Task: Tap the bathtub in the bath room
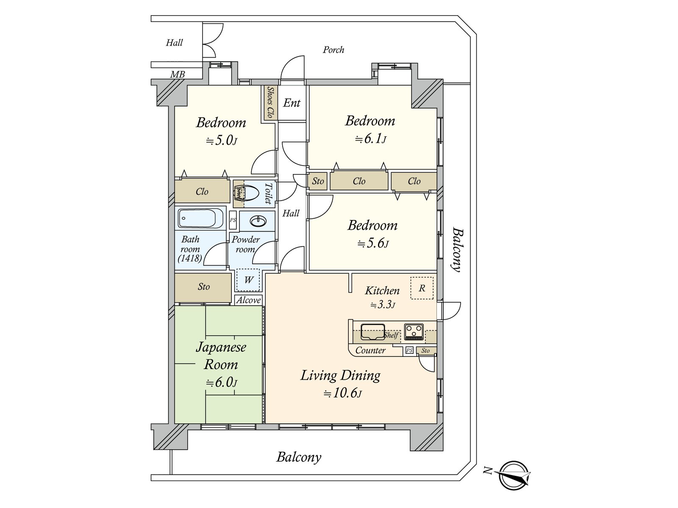(200, 218)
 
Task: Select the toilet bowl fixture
(248, 193)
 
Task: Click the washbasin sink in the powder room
(258, 221)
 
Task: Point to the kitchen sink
(372, 331)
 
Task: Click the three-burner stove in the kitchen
(414, 331)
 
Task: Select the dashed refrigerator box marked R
(422, 288)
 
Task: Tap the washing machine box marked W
(248, 280)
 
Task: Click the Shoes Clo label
(270, 102)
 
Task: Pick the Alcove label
(248, 300)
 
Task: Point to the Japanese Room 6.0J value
(222, 383)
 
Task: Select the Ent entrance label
(292, 103)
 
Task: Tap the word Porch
(333, 50)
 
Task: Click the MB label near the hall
(178, 75)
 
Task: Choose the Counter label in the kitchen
(370, 351)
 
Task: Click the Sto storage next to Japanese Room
(203, 287)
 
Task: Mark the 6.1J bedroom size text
(370, 139)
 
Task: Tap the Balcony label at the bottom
(299, 457)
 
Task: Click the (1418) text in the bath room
(189, 258)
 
